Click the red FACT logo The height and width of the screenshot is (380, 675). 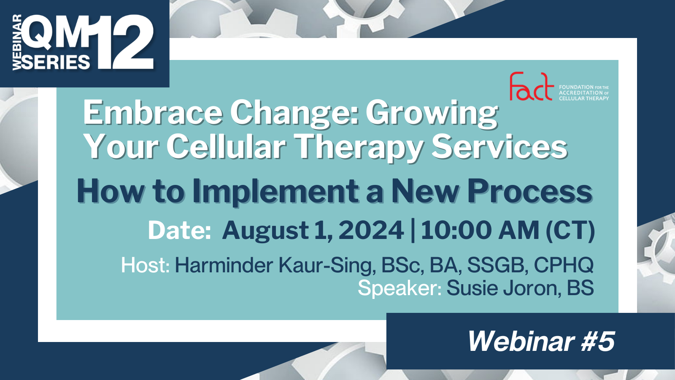[531, 87]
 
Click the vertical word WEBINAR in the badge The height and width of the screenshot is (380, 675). [17, 42]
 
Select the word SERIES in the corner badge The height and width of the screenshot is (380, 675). [56, 62]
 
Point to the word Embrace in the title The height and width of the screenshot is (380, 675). [152, 113]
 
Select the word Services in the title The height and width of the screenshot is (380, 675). [499, 147]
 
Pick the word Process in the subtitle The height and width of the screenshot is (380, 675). [529, 191]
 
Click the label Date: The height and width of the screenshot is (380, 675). [179, 231]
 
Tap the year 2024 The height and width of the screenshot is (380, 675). [371, 231]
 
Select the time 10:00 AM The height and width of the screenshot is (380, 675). [480, 231]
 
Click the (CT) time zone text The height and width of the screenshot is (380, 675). [570, 231]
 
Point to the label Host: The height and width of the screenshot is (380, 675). [145, 265]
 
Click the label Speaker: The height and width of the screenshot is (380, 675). [400, 288]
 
